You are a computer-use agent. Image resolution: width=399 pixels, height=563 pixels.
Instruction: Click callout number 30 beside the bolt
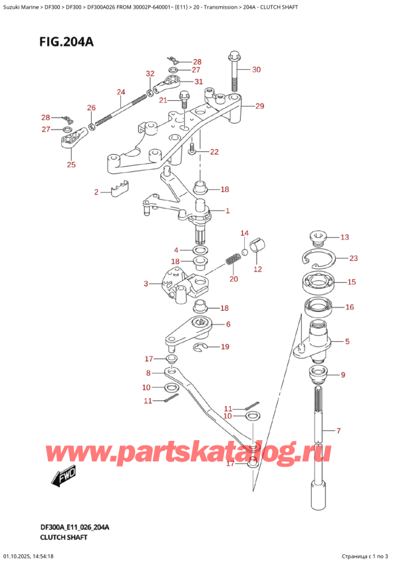(x=257, y=70)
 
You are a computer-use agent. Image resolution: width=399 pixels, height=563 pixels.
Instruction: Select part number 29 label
(x=260, y=106)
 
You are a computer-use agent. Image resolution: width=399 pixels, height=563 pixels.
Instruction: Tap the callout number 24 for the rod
(x=120, y=92)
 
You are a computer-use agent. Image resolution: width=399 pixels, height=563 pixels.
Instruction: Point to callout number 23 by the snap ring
(x=353, y=259)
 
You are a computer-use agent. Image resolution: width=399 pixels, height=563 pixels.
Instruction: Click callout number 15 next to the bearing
(x=351, y=282)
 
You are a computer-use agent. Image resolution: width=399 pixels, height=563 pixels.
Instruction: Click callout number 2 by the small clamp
(x=96, y=193)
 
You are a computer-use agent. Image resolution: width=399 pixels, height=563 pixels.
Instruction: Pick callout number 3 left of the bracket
(x=146, y=284)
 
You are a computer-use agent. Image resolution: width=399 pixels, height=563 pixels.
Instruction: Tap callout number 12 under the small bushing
(x=257, y=270)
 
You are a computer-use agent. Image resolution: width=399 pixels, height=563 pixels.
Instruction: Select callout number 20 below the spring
(x=233, y=280)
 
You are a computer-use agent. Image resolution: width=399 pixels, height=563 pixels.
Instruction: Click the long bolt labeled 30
(x=233, y=70)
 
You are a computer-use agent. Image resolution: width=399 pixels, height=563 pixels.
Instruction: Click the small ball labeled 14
(x=244, y=252)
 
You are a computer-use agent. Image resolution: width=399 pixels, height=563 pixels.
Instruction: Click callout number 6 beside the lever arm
(x=228, y=325)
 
